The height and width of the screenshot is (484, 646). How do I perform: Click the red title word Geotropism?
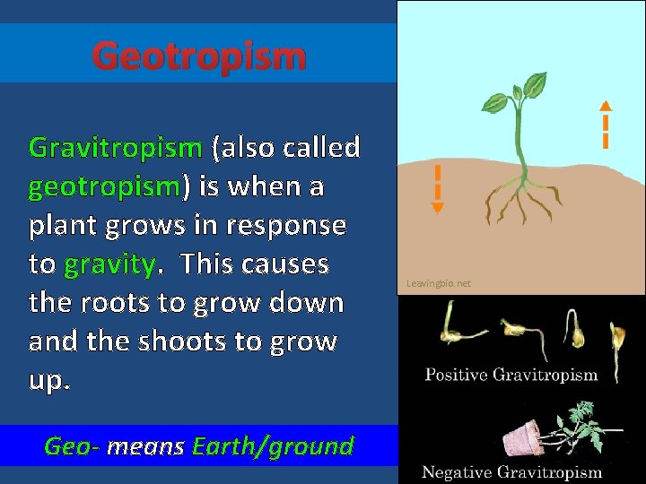[199, 56]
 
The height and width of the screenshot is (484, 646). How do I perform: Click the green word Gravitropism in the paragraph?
[116, 147]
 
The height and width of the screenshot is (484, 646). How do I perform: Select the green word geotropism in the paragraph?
[105, 186]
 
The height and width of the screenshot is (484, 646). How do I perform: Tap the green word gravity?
[109, 264]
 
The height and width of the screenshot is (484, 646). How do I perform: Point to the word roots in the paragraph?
[121, 303]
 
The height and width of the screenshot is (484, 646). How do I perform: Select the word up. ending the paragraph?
[48, 380]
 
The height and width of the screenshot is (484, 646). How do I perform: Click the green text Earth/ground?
[273, 445]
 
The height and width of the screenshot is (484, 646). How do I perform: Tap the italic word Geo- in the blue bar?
[71, 445]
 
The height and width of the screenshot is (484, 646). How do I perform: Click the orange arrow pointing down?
[437, 189]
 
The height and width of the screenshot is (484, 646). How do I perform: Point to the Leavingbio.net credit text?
[438, 283]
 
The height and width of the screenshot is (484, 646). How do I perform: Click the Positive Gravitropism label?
[511, 375]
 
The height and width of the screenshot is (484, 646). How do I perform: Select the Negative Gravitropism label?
[511, 471]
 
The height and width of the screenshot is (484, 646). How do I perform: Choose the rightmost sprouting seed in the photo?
[615, 336]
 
